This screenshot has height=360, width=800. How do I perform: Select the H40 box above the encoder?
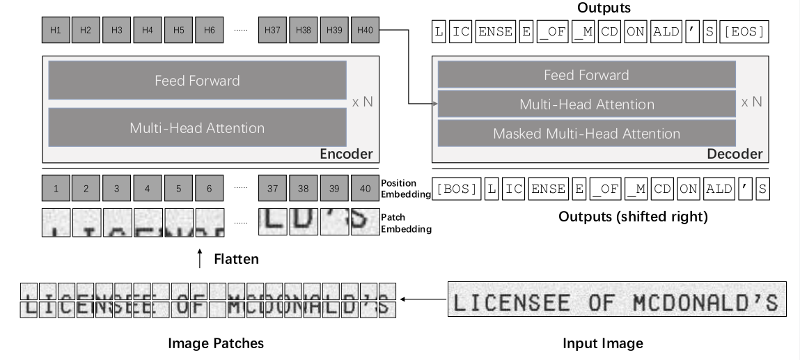[366, 31]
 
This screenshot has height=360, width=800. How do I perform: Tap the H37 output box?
[272, 31]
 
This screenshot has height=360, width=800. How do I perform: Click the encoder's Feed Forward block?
[197, 80]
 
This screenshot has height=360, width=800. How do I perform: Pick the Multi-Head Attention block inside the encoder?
[197, 127]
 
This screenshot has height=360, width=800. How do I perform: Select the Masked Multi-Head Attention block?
[586, 134]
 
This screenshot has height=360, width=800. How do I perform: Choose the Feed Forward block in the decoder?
[586, 75]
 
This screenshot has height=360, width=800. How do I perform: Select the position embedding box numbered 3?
[117, 188]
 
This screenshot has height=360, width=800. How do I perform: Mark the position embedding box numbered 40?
[366, 188]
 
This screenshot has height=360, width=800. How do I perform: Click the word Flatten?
[235, 259]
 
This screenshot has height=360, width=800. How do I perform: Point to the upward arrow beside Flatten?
[201, 258]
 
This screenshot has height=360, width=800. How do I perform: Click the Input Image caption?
[603, 343]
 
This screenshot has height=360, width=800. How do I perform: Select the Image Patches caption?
[217, 343]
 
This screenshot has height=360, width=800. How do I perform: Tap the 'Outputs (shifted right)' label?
[633, 217]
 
